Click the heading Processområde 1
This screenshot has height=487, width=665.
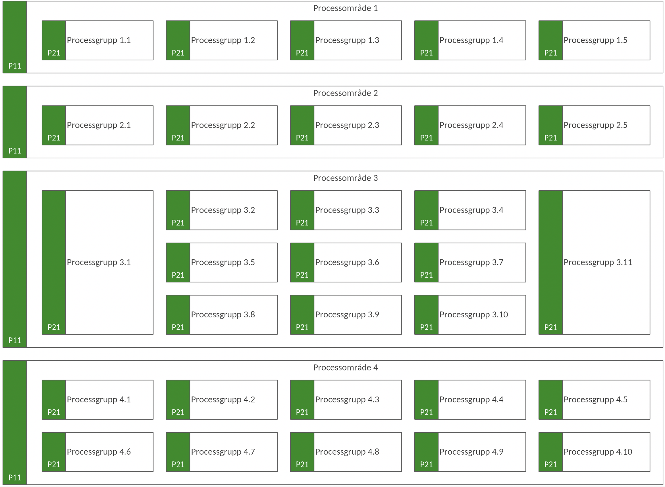[345, 8]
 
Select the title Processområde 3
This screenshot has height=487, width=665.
[345, 178]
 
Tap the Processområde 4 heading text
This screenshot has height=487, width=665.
[345, 368]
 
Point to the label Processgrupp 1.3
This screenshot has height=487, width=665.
[347, 40]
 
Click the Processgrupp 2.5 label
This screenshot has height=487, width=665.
[595, 125]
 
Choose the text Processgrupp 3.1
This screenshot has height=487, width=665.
[99, 262]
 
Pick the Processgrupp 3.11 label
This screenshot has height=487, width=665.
[598, 262]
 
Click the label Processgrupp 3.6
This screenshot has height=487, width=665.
[347, 262]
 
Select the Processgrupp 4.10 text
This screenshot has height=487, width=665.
[598, 452]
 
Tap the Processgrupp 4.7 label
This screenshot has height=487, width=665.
[223, 452]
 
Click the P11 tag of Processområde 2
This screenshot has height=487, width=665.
[15, 151]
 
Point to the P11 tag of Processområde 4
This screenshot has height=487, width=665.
[15, 478]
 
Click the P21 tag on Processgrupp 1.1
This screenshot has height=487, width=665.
[54, 53]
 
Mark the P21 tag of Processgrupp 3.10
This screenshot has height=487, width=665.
[426, 328]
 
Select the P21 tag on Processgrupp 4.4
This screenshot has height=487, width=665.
[426, 413]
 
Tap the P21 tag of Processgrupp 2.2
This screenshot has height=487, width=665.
[178, 138]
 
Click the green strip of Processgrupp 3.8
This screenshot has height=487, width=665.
[178, 315]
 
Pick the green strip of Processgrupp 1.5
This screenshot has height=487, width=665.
[551, 40]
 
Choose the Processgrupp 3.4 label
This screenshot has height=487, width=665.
[471, 210]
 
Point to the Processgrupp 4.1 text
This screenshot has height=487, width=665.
[99, 400]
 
